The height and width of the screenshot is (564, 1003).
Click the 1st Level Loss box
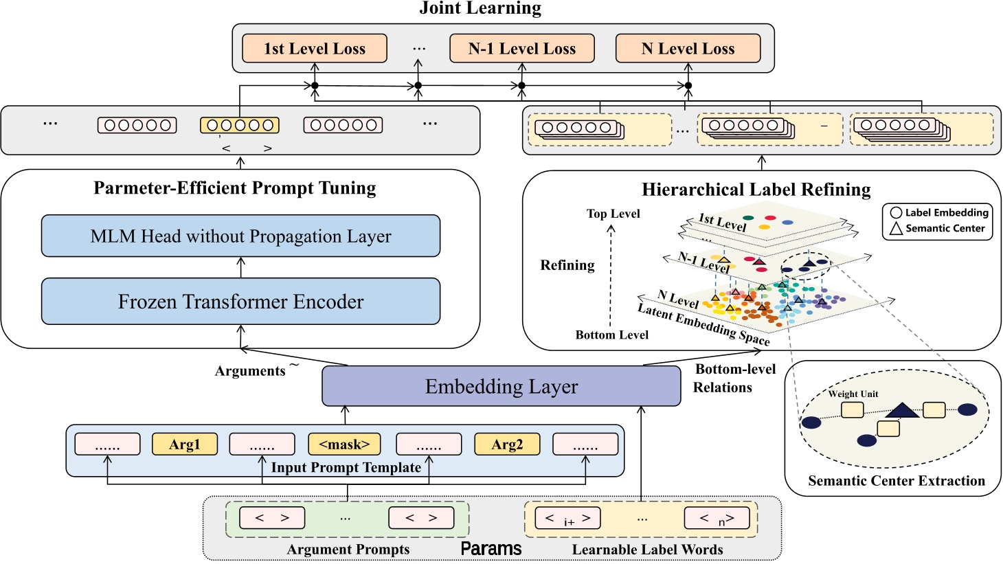[x=315, y=49]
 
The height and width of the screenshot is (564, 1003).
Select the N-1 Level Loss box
[x=522, y=49]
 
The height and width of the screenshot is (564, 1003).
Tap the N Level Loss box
[x=688, y=49]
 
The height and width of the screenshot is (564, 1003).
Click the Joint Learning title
[x=480, y=8]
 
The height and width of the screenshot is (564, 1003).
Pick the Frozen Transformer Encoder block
[x=240, y=302]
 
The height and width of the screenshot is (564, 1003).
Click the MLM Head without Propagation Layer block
[x=240, y=236]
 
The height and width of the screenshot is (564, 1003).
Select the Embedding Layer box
[x=501, y=386]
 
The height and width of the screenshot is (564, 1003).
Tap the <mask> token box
[x=344, y=444]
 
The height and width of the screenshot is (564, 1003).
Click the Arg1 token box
[x=184, y=444]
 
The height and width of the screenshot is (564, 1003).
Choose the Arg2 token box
[x=507, y=444]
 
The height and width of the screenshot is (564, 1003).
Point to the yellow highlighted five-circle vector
[x=240, y=125]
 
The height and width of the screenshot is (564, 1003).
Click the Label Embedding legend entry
[x=939, y=213]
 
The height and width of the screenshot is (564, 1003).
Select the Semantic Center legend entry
[x=938, y=228]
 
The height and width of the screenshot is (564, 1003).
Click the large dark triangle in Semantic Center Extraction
[x=902, y=411]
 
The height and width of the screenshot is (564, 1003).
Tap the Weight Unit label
[x=853, y=394]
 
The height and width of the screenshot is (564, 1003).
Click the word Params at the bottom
[x=491, y=549]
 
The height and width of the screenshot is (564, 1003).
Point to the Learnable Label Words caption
[x=647, y=550]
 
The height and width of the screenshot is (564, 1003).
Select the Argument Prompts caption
[x=348, y=550]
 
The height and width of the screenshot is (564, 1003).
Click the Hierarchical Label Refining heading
[x=756, y=190]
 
